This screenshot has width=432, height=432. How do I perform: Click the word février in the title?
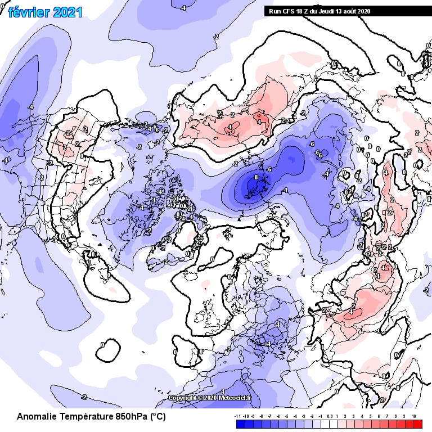pos(28,12)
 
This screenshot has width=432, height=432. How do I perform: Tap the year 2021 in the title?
pos(67,12)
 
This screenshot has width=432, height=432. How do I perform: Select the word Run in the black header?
pos(274,11)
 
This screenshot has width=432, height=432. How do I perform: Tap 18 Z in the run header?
pos(303,11)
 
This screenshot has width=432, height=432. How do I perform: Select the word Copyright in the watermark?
pos(183,398)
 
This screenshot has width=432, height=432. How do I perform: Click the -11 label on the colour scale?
pos(237,416)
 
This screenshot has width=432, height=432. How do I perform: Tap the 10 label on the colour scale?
pos(414,416)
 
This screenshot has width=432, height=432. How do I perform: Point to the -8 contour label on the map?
pos(256,177)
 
